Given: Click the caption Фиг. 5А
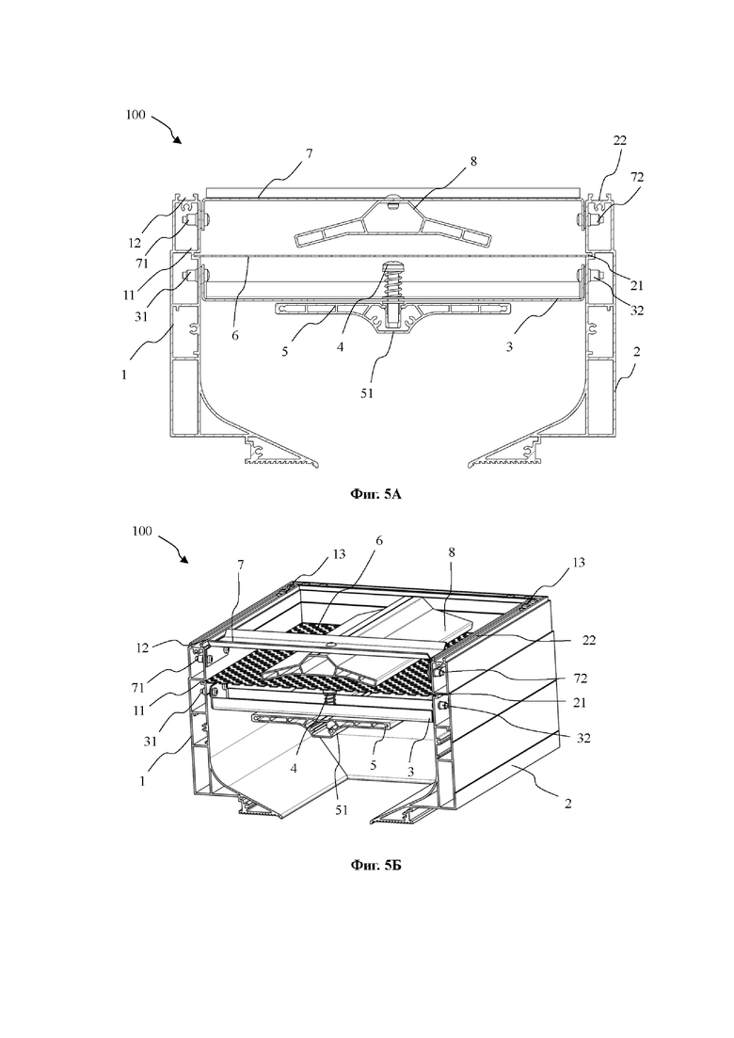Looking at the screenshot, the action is click(x=375, y=494).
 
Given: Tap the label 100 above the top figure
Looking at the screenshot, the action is click(x=135, y=115).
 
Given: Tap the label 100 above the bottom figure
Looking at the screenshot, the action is click(x=142, y=531).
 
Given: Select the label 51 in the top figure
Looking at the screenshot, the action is click(x=367, y=392).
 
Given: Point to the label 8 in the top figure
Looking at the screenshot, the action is click(x=473, y=161).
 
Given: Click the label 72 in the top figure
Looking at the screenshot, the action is click(x=637, y=177).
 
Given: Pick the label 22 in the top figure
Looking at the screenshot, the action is click(x=619, y=140).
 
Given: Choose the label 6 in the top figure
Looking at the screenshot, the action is click(x=234, y=335).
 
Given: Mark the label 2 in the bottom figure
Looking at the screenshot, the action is click(x=567, y=803).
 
